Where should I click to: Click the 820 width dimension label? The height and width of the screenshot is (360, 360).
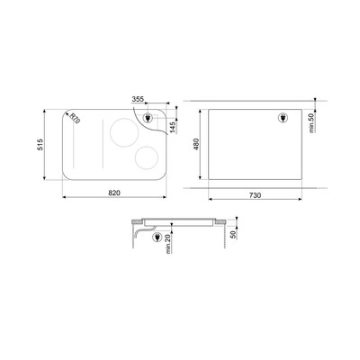point(114,193)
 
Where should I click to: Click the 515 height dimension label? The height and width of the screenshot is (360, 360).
point(40,144)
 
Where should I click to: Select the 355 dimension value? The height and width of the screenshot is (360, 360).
point(138,99)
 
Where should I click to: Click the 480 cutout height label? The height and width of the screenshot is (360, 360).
point(196,144)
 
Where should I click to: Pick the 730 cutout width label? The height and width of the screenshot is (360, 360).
point(255,195)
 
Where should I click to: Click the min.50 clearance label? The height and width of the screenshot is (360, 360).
point(311,123)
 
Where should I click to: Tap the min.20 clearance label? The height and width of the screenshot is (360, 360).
point(168,244)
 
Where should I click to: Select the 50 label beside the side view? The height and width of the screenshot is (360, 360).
point(233,233)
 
